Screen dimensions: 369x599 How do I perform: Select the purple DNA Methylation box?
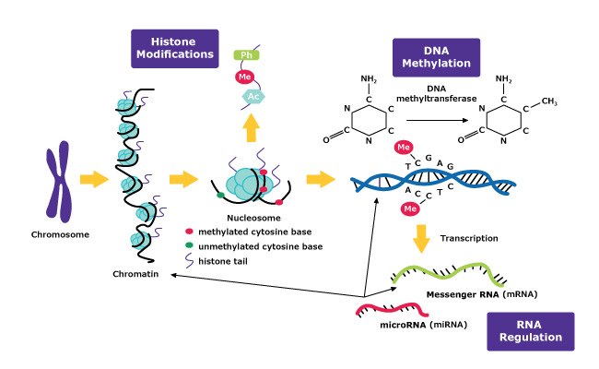[x=436, y=58]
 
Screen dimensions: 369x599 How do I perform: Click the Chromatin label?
[x=135, y=274]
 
